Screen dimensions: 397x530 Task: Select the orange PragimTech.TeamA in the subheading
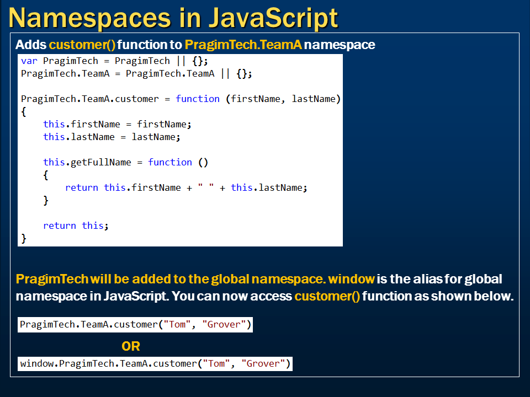click(x=243, y=45)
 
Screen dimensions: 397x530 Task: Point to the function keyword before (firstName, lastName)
click(x=198, y=99)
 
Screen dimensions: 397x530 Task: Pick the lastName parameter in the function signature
click(x=314, y=99)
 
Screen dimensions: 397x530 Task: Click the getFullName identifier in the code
click(x=101, y=162)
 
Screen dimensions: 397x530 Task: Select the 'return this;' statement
click(x=76, y=226)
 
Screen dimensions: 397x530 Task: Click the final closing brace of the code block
click(x=24, y=238)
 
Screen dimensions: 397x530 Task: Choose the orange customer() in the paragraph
click(x=327, y=296)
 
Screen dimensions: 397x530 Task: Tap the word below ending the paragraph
click(x=495, y=296)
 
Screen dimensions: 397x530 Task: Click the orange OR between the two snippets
click(x=131, y=346)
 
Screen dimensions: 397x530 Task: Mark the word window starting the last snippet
click(x=37, y=364)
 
